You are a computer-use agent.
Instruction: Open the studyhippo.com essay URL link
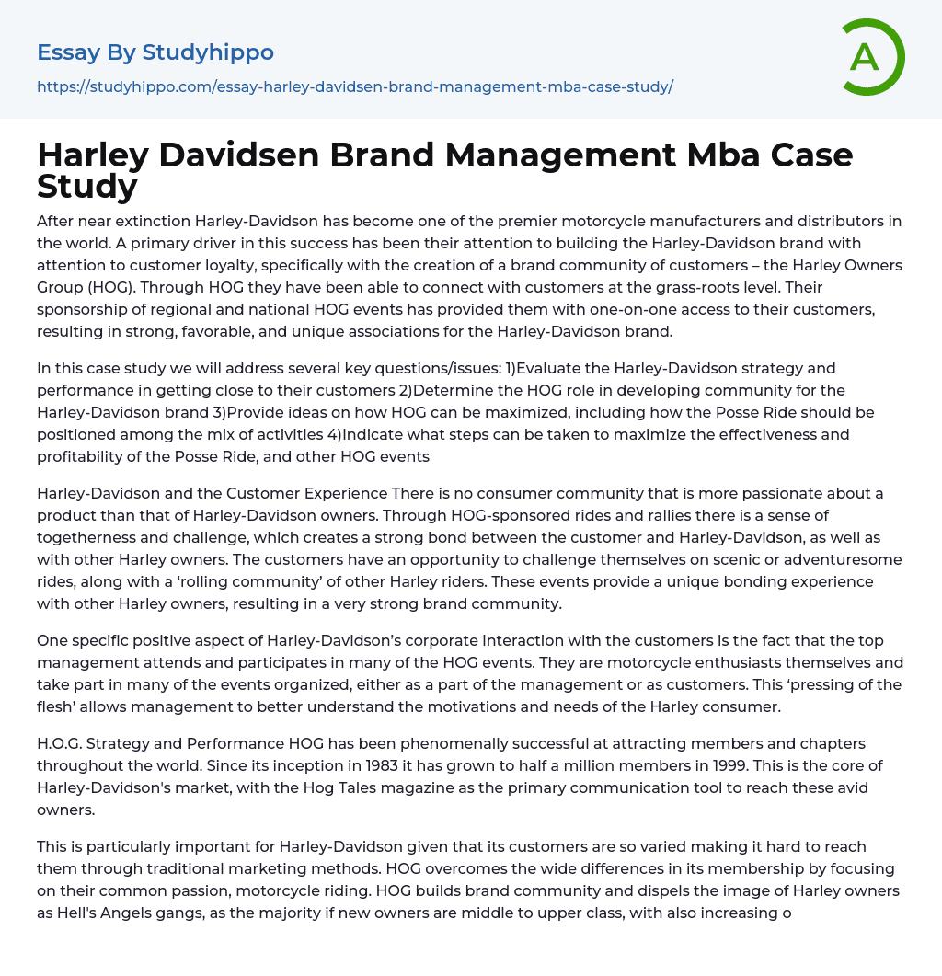355,86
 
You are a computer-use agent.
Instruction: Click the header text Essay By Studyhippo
155,52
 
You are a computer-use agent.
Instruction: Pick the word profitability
79,455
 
